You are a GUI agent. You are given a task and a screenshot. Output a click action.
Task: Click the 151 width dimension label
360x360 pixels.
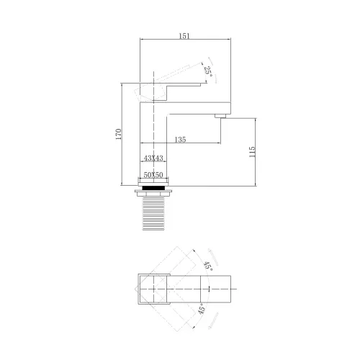(184, 36)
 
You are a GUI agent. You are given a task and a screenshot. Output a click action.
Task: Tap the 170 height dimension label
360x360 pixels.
(119, 135)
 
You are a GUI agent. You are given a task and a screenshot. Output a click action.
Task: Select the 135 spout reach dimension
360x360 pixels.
(180, 140)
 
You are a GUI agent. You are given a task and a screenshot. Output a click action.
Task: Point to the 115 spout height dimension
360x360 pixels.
(252, 152)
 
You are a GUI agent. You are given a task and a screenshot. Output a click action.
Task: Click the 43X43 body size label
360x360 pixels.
(153, 158)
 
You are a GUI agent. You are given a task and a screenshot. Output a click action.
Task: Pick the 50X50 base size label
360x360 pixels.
(153, 175)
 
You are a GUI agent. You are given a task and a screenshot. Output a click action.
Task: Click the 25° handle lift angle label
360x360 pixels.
(208, 71)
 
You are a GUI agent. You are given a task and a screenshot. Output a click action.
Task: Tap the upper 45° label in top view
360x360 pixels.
(208, 266)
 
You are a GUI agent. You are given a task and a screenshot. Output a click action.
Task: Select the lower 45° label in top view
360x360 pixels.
(202, 308)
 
